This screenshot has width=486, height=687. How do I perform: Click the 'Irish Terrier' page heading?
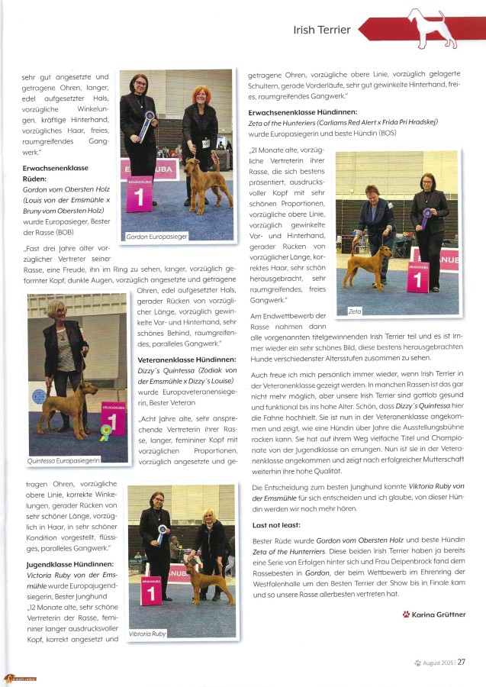pos(322,30)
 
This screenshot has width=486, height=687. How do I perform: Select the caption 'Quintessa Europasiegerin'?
pos(65,461)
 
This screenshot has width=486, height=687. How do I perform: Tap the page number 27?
pos(462,662)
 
